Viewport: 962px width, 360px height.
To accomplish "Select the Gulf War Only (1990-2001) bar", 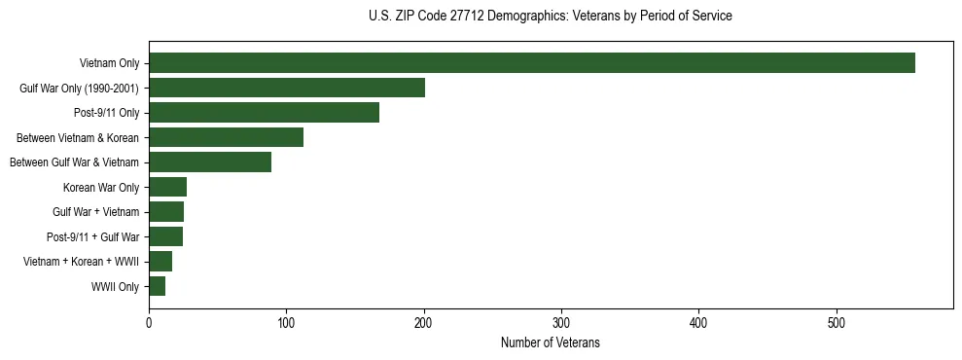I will point(287,88).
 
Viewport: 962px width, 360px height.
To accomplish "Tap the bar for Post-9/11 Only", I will point(264,113).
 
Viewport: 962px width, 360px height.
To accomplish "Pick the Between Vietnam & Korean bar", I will point(226,137).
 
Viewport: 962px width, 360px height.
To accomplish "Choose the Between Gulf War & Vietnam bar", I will point(210,162).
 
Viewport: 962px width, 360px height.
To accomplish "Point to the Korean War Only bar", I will point(167,187).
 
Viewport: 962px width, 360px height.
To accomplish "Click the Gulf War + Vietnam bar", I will point(166,212).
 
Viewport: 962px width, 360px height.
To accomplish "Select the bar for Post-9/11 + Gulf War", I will point(165,236).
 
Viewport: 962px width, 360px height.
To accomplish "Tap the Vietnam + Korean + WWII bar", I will point(160,262).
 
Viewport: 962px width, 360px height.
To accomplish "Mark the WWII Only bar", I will point(157,286).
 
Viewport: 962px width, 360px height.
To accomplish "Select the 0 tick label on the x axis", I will point(149,322).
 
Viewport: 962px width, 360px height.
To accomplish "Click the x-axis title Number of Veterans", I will point(550,342).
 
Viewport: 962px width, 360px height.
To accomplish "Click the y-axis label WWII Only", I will point(115,287).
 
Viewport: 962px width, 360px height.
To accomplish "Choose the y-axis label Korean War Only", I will point(101,188).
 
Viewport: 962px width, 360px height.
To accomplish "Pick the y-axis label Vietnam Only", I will point(109,64).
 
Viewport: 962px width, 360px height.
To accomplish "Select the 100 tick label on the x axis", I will point(286,322).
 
